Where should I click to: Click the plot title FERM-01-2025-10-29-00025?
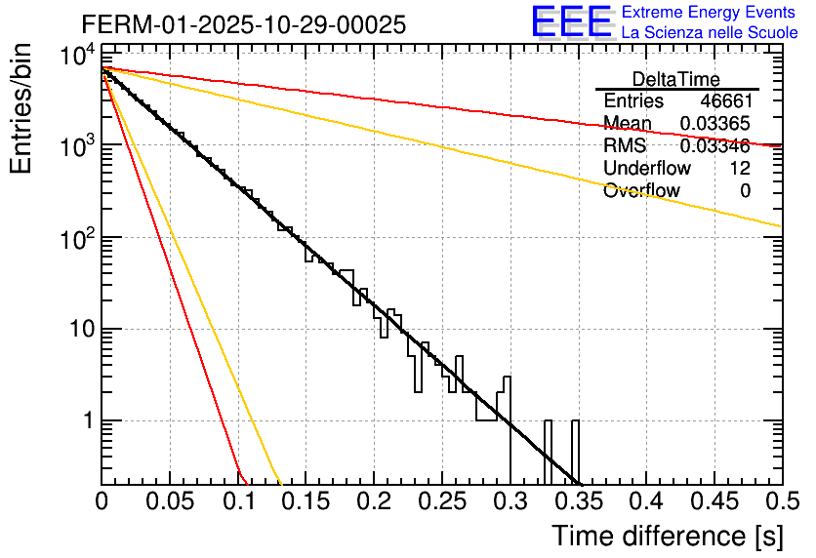(243, 25)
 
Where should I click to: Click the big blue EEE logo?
(571, 22)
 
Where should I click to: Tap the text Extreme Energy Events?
(709, 13)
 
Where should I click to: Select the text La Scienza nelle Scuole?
(709, 33)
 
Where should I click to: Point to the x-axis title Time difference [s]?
(666, 536)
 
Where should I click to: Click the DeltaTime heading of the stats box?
(676, 79)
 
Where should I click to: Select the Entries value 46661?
(725, 101)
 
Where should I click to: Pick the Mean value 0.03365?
(714, 124)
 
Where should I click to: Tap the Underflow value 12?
(740, 169)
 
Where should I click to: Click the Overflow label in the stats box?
(641, 191)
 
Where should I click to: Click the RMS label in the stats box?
(625, 146)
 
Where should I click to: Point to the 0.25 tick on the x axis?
(442, 501)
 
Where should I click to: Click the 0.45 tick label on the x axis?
(714, 501)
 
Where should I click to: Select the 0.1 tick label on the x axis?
(238, 501)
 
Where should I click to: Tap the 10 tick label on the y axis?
(77, 330)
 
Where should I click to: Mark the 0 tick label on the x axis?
(102, 501)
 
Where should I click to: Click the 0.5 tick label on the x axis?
(781, 501)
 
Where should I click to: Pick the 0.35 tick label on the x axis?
(578, 501)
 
